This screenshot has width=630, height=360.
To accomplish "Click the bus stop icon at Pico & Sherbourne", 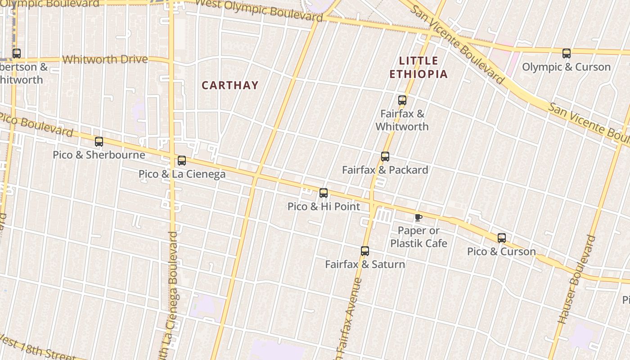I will (x=99, y=142).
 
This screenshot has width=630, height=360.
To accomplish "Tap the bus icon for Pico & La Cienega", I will (x=182, y=161).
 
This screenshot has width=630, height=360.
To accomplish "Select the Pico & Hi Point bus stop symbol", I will (x=324, y=193).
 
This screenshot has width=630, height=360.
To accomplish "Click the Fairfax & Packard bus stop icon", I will (x=385, y=157).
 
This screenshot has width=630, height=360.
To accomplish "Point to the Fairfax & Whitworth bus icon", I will (x=402, y=100).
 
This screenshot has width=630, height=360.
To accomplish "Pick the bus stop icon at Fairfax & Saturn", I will (x=365, y=251).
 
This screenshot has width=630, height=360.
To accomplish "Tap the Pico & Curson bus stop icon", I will (x=502, y=238).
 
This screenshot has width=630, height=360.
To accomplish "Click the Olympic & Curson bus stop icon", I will (x=567, y=54).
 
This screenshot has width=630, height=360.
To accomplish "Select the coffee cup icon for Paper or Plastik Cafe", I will (x=418, y=218).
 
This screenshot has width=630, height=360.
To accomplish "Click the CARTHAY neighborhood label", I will (x=230, y=85).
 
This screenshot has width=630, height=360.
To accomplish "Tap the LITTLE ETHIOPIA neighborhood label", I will (x=418, y=67).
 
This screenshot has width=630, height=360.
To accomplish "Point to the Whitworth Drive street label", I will (x=105, y=59).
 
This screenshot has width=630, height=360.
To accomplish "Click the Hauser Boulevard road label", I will (x=576, y=279).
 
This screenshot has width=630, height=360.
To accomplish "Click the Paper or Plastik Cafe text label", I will (x=418, y=237).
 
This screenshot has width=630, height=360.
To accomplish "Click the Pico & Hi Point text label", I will (x=324, y=207).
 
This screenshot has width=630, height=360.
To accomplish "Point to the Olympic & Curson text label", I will (x=566, y=67).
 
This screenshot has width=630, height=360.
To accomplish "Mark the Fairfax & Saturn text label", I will (x=365, y=264).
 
